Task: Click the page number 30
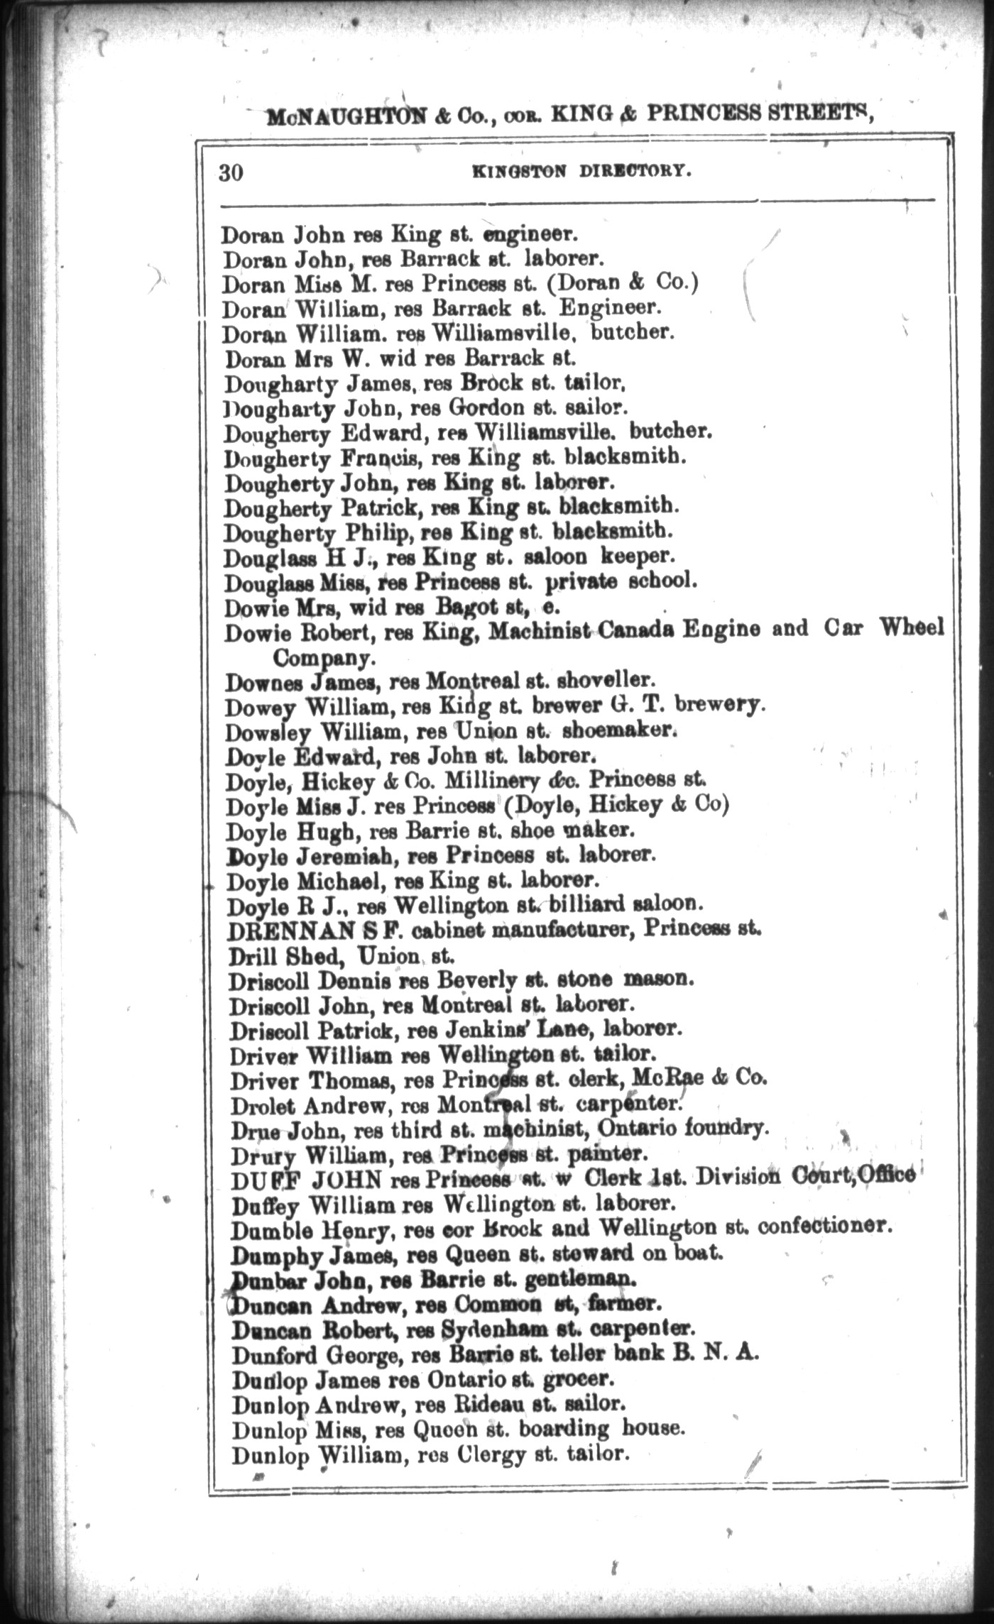pos(231,172)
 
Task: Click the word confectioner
pos(824,1225)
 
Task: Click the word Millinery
pos(492,780)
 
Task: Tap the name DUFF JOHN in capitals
pos(307,1180)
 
